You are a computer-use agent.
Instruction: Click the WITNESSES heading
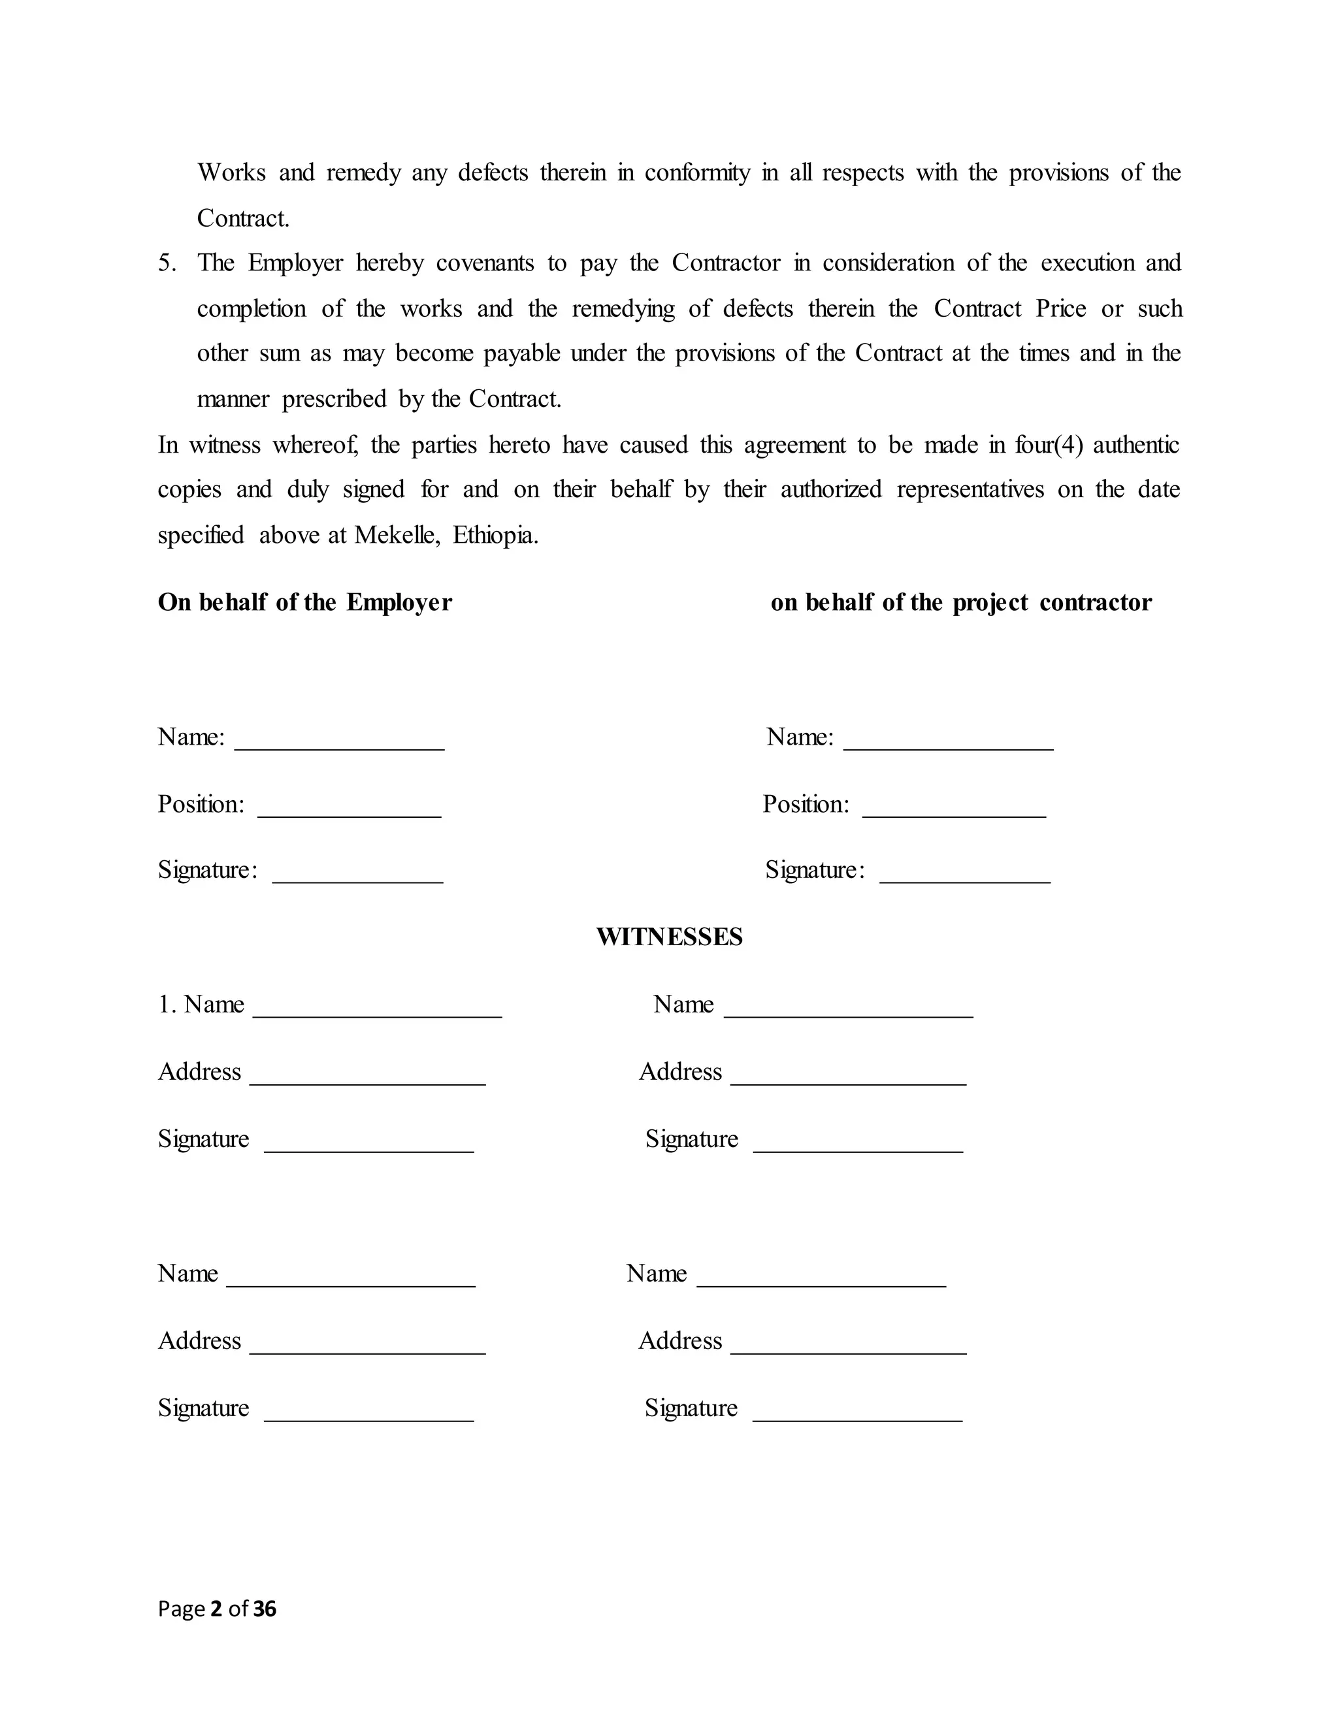(669, 937)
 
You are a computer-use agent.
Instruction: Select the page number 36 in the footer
(265, 1608)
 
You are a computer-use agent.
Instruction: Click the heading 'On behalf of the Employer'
(304, 602)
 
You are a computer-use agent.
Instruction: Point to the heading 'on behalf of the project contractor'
(960, 602)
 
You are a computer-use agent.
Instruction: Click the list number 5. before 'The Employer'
(167, 263)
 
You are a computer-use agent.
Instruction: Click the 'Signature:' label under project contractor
(815, 869)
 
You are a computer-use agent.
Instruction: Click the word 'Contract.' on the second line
(243, 218)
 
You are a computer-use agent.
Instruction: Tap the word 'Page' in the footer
(182, 1608)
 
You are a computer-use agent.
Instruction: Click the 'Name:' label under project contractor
(800, 736)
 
